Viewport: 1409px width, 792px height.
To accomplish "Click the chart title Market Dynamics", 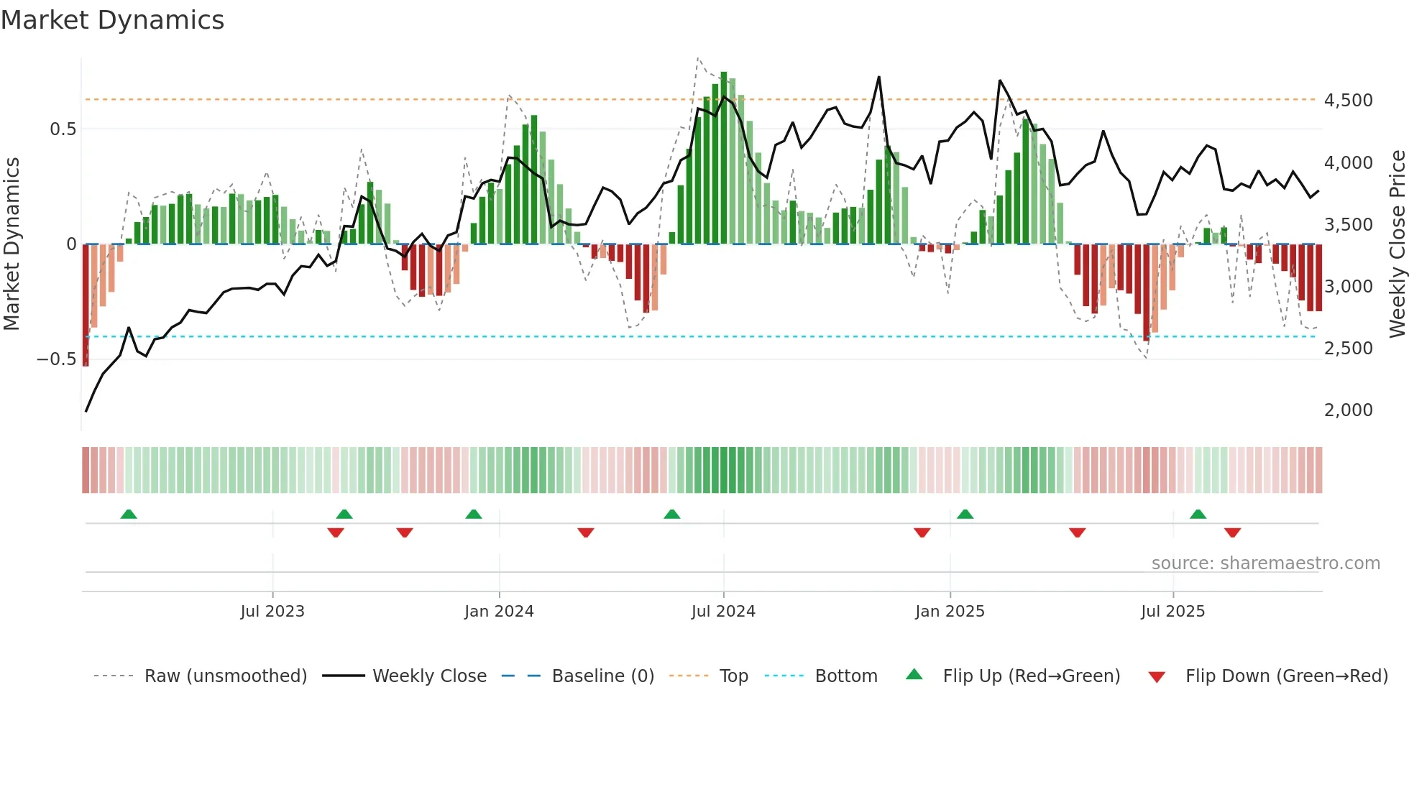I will point(112,20).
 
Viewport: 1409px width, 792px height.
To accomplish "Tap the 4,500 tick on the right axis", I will point(1348,101).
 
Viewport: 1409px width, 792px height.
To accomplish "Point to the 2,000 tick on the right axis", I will point(1348,410).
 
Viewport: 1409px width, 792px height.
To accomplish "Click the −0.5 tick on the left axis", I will point(57,359).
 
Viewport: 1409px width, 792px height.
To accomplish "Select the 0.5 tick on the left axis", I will point(63,129).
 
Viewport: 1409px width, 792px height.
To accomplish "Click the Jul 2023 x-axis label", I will point(272,612).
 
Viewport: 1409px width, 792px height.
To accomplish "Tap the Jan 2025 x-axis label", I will point(950,612).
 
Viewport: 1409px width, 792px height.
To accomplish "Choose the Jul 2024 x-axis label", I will point(723,612).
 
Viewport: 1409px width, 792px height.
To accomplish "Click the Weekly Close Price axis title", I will point(1397,244).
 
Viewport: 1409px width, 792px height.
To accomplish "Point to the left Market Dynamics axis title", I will point(12,244).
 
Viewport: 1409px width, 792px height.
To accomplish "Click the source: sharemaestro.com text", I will point(1265,563).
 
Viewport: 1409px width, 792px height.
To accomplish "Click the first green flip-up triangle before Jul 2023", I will point(129,515).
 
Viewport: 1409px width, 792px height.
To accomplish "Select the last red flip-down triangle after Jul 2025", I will point(1232,533).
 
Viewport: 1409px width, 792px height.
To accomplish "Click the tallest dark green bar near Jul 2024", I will point(724,158).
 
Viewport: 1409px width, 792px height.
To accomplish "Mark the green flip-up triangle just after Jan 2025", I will point(965,515).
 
